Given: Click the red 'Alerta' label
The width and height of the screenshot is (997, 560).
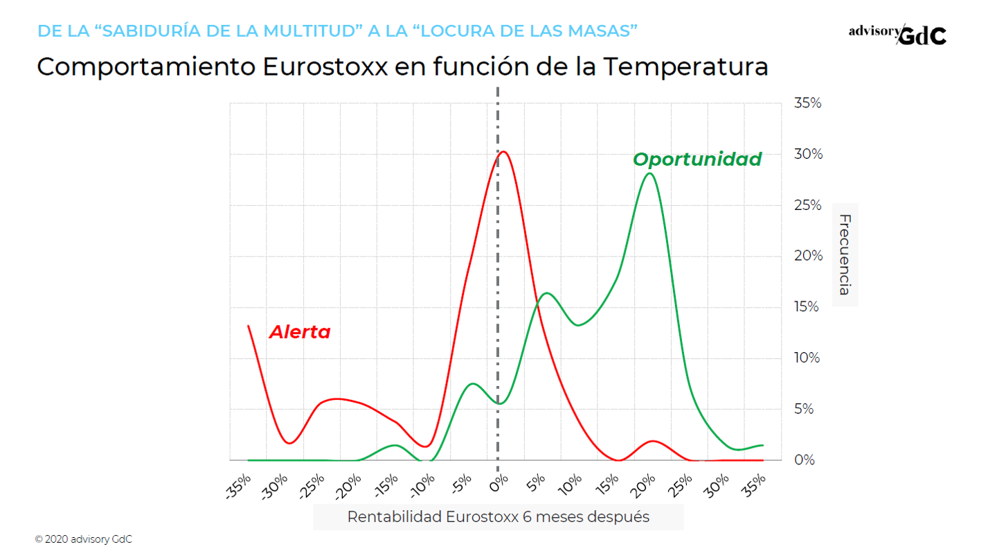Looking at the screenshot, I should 299,332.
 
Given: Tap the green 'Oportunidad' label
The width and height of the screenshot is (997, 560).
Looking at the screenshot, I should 697,159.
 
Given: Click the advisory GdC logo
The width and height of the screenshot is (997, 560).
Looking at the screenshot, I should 897,34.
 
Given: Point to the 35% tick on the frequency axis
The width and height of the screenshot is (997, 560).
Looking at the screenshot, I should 807,103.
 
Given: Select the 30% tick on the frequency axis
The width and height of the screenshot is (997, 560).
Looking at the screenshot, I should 807,154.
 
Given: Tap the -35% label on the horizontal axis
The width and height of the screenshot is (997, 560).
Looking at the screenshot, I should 239,486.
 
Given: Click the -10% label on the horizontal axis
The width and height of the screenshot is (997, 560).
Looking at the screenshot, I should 422,486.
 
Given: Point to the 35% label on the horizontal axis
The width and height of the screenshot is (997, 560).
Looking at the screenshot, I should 755,483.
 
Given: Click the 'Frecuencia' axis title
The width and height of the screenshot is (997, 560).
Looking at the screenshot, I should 845,254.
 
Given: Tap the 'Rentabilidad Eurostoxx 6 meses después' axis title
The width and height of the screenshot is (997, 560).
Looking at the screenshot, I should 498,517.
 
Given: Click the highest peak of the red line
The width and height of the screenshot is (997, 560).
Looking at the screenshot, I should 503,151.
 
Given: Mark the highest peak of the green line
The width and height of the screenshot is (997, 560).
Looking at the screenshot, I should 649,173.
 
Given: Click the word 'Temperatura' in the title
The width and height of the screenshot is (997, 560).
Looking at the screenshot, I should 685,67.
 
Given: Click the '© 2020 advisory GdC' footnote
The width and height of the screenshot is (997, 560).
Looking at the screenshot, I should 83,539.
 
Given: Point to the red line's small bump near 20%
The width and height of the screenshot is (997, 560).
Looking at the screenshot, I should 652,441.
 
